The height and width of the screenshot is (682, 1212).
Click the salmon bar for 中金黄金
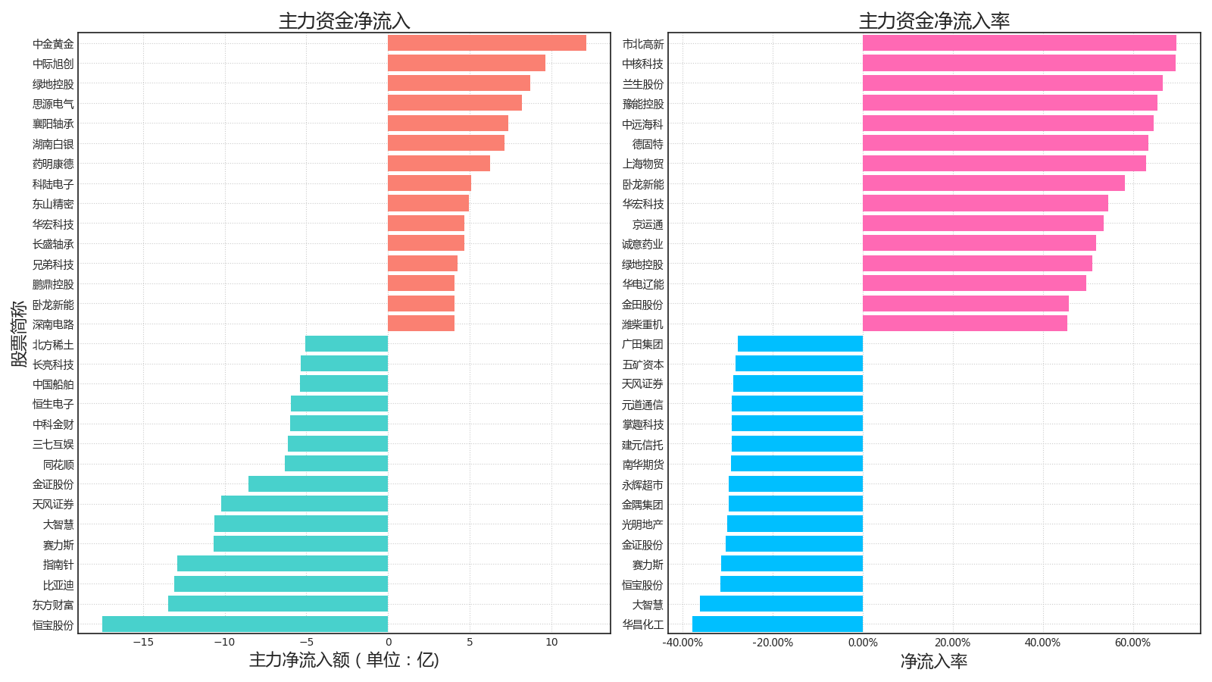(x=487, y=43)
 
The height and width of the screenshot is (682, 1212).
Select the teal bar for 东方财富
(x=278, y=604)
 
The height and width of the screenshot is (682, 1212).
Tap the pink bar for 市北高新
(x=1020, y=43)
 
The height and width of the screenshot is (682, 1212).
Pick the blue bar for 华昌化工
(x=777, y=624)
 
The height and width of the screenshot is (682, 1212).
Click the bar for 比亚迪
(x=281, y=584)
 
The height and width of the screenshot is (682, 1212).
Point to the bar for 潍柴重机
(x=965, y=324)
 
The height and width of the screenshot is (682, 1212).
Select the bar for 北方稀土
(x=346, y=344)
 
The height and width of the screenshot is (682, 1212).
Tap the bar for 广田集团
(x=800, y=344)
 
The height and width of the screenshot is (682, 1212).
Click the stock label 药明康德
(x=53, y=164)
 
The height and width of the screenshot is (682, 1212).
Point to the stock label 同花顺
(x=58, y=465)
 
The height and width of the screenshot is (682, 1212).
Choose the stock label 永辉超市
(x=642, y=485)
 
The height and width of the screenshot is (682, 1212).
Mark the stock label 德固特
(x=648, y=144)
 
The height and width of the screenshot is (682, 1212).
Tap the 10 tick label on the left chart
(x=551, y=642)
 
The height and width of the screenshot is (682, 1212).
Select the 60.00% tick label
(x=1132, y=643)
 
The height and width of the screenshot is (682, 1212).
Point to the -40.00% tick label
(x=683, y=643)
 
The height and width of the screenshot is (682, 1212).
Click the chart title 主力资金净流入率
(x=935, y=21)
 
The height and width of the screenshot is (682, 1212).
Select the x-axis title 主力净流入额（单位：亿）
(x=344, y=660)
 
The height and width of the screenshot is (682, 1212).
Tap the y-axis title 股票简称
(x=19, y=333)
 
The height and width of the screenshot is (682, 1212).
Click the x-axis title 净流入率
(x=934, y=661)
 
